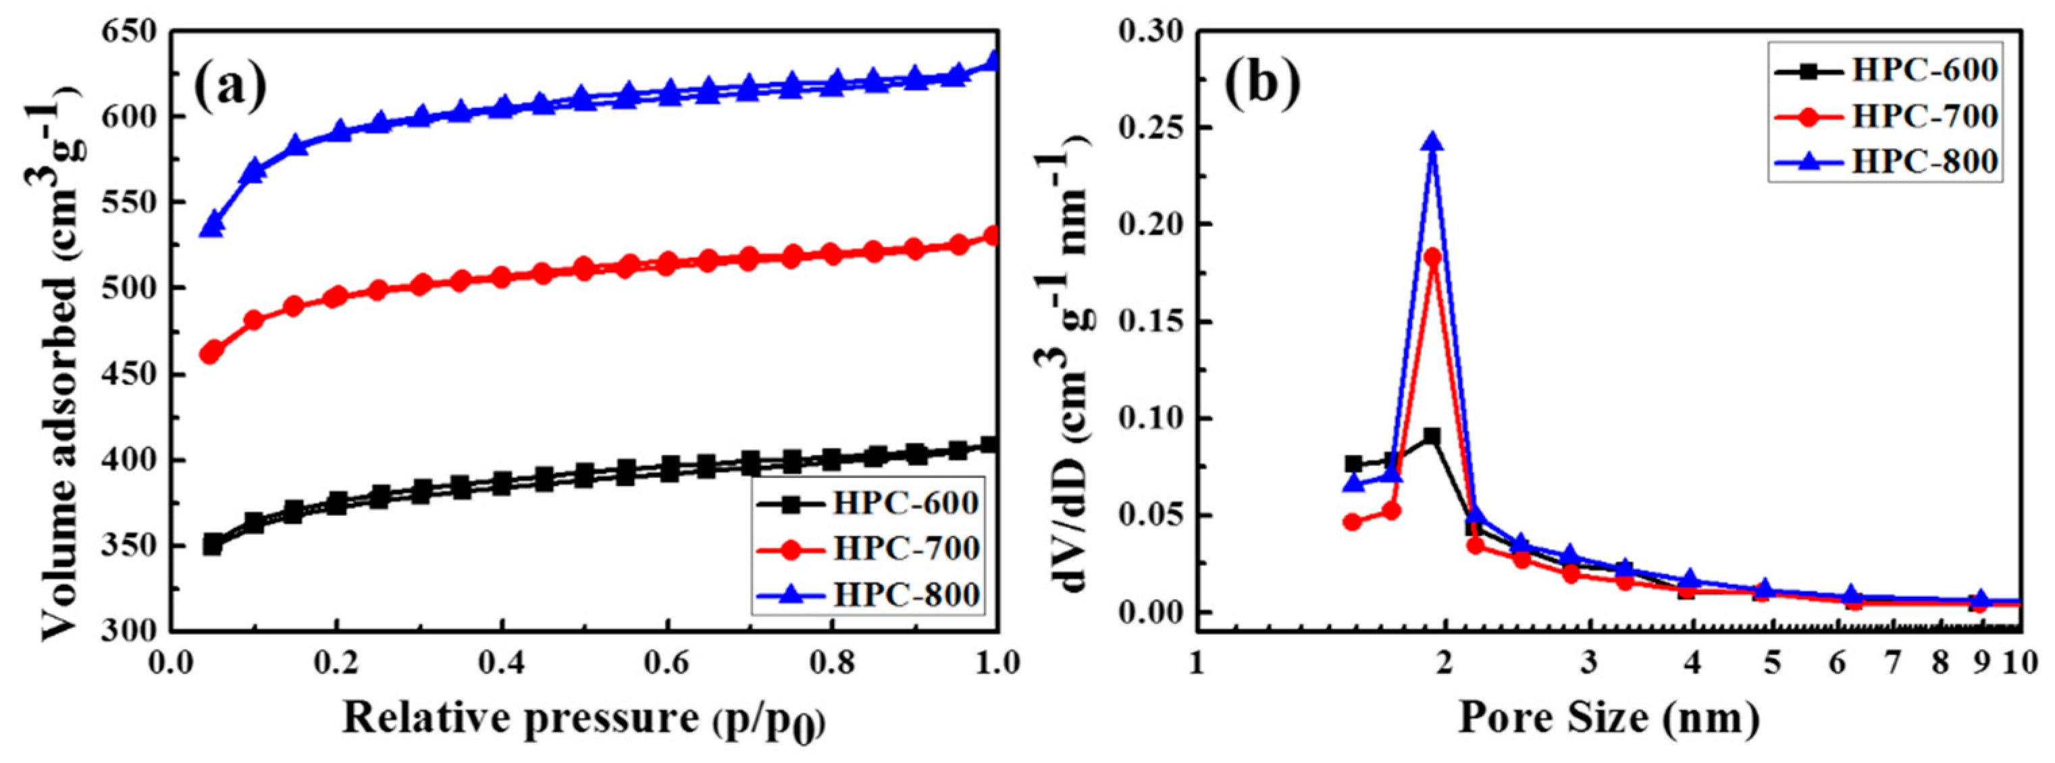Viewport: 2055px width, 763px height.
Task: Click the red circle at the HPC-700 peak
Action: pyautogui.click(x=1433, y=257)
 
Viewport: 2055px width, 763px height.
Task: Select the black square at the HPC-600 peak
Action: pyautogui.click(x=1433, y=436)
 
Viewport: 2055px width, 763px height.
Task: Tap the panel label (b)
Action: pyautogui.click(x=1263, y=84)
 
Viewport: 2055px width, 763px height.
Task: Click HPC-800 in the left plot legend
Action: pyautogui.click(x=906, y=594)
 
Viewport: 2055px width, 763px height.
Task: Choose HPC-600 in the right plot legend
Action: pyautogui.click(x=1924, y=70)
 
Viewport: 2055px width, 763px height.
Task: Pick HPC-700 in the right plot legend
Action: pyautogui.click(x=1924, y=115)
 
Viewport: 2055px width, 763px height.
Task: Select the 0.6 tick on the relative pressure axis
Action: pyautogui.click(x=669, y=662)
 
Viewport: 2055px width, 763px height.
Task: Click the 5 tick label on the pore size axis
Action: pyautogui.click(x=1772, y=662)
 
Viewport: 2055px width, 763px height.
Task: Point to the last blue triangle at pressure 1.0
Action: pyautogui.click(x=993, y=61)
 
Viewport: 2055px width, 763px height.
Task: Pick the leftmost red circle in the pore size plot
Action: pyautogui.click(x=1352, y=522)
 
